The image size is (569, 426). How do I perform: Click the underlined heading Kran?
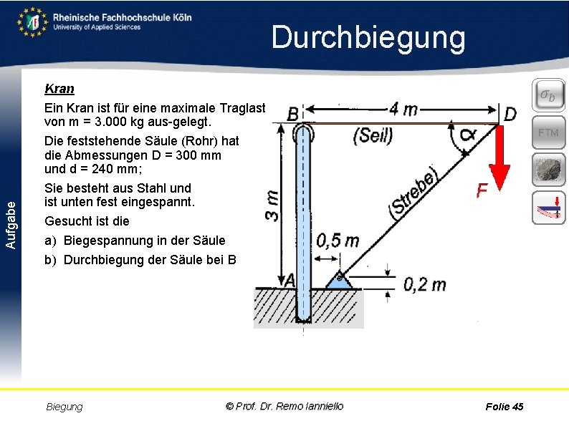pyautogui.click(x=59, y=89)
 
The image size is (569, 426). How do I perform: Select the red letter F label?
pyautogui.click(x=482, y=190)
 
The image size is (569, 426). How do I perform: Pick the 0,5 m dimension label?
pyautogui.click(x=338, y=240)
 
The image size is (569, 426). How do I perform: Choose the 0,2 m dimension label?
pyautogui.click(x=424, y=285)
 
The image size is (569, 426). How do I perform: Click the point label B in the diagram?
pyautogui.click(x=292, y=115)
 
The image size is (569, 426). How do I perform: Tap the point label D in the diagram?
pyautogui.click(x=510, y=114)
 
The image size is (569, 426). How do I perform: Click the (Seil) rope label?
pyautogui.click(x=373, y=135)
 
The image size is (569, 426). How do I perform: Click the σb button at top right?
pyautogui.click(x=548, y=95)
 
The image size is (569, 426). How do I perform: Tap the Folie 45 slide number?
pyautogui.click(x=504, y=407)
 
